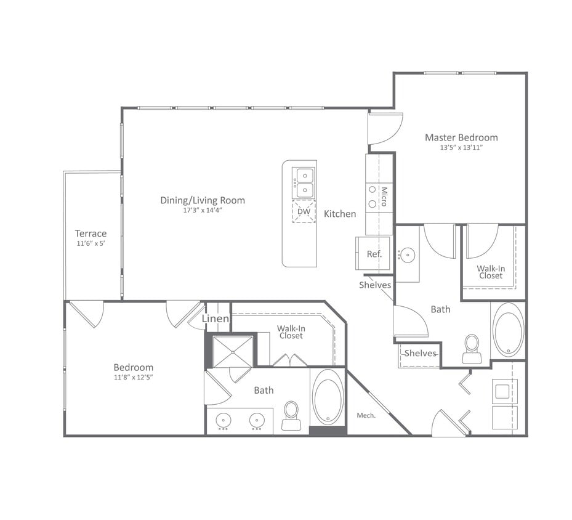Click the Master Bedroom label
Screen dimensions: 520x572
(461, 137)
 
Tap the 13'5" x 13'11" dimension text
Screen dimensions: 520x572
(461, 148)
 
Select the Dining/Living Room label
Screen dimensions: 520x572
(203, 200)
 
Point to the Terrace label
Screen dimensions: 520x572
(91, 234)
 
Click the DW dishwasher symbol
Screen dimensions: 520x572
(304, 211)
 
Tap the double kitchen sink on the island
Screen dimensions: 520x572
(304, 183)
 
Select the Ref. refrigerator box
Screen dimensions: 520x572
(374, 253)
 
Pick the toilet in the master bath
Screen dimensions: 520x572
(472, 349)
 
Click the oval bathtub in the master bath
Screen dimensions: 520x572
(509, 330)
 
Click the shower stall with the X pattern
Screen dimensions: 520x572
(232, 351)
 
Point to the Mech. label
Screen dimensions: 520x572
(366, 415)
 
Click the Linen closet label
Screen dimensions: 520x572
(216, 319)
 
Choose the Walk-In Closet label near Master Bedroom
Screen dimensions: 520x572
(491, 272)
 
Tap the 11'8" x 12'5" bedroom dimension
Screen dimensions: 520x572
(133, 377)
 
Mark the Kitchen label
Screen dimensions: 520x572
(340, 214)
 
